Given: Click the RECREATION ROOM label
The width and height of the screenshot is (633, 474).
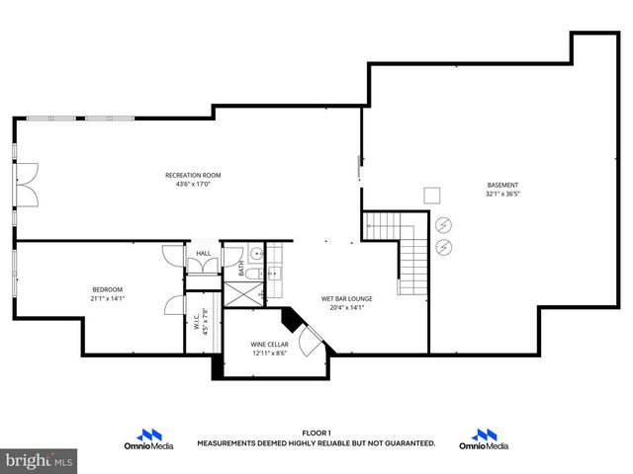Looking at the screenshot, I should coord(193,175).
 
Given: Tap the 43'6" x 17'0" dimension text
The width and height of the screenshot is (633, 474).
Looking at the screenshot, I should coord(193,184).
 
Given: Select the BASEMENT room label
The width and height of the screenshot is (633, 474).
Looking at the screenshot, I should coord(502,186).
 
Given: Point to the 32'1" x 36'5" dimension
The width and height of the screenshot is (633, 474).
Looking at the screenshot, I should coord(502,195).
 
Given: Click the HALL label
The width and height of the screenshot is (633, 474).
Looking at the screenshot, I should coord(203,254).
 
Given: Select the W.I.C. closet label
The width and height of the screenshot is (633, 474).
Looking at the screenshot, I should coord(196,319).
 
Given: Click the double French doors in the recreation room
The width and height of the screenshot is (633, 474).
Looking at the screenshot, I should coord(28,185).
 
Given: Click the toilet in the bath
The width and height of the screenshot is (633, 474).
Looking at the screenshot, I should coord(250,273).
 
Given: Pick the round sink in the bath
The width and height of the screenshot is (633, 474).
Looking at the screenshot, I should coord(254,253).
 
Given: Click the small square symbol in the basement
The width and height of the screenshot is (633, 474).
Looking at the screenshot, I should coord(431,196).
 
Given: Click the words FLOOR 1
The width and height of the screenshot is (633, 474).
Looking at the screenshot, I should coord(316,433).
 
